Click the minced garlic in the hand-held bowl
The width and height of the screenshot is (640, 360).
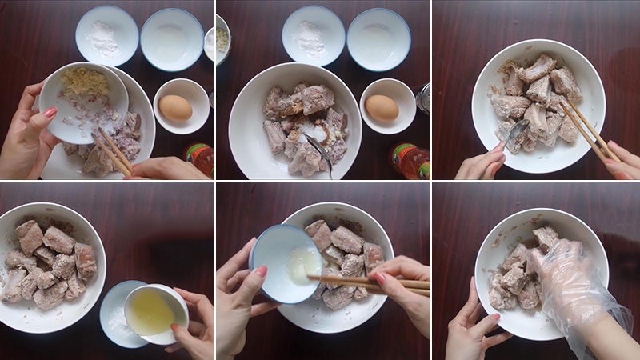click(85, 82)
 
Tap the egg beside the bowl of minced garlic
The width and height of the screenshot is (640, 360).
click(175, 108)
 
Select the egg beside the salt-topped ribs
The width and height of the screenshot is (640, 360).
click(382, 107)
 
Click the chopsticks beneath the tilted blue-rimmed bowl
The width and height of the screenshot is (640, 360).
click(360, 282)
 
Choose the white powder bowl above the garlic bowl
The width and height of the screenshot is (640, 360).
click(106, 36)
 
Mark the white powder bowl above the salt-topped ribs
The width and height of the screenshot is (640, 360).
click(313, 36)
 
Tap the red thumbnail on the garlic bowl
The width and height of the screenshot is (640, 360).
click(50, 113)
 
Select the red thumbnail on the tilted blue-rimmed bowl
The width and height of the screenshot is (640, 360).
click(260, 271)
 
